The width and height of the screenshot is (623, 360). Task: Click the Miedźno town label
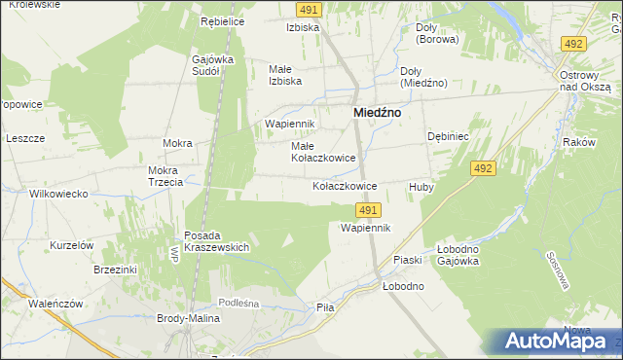pos(377,113)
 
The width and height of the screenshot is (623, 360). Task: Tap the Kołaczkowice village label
pos(344,185)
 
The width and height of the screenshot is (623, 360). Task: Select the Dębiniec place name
pos(449,137)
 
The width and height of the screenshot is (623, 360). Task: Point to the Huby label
pos(421,186)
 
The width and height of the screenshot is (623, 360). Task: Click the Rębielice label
pos(222,21)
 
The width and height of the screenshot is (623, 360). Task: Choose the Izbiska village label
pos(303,27)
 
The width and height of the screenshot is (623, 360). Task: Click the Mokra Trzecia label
pos(165,177)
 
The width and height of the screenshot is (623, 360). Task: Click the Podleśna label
pos(238,303)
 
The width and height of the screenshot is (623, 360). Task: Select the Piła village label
pos(325,306)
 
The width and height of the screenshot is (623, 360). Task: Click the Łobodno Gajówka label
pos(464,255)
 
